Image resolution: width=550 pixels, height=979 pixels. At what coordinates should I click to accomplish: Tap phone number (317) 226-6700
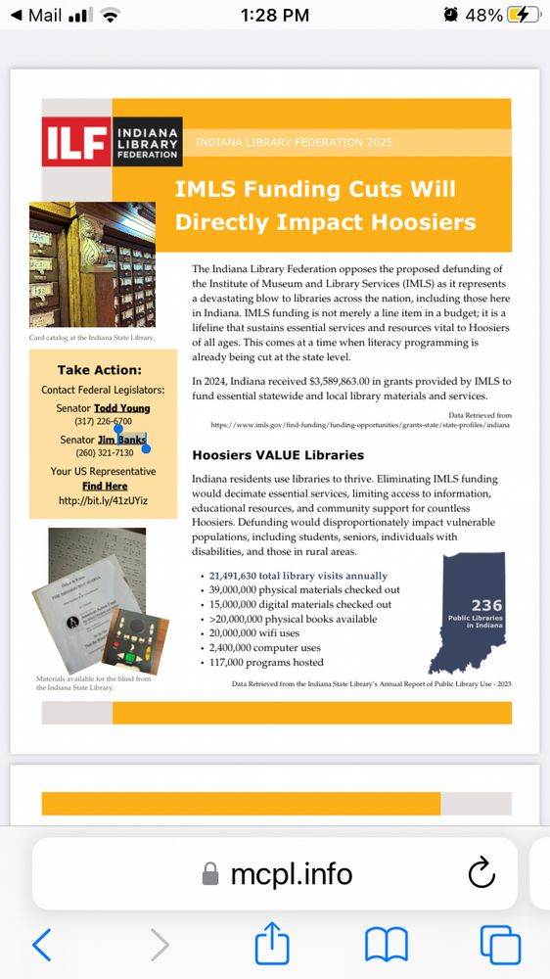click(x=103, y=421)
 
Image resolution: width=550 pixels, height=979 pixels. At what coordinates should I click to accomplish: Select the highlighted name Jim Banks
click(x=121, y=441)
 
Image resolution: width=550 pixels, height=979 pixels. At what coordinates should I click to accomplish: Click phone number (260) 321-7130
click(x=103, y=453)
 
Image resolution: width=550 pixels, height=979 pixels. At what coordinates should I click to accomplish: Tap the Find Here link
click(x=104, y=486)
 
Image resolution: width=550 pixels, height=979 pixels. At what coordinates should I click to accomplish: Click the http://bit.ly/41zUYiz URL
click(x=103, y=500)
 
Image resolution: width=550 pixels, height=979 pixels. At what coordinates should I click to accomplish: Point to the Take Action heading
click(x=99, y=370)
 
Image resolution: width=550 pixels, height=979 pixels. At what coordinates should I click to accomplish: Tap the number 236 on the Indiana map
click(x=486, y=605)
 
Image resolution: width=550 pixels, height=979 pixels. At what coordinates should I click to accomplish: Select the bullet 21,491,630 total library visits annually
click(x=298, y=576)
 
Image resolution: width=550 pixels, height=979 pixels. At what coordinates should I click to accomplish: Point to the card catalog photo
click(x=92, y=264)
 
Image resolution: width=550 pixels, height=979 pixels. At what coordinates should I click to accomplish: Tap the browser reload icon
click(x=481, y=873)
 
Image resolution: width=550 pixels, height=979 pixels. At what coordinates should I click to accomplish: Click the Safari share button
click(x=273, y=945)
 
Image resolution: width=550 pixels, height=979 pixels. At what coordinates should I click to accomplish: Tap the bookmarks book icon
click(x=386, y=945)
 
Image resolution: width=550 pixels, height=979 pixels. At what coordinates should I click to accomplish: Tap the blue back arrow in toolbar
click(x=41, y=945)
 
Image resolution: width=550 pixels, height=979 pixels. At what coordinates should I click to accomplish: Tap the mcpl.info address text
click(x=291, y=873)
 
